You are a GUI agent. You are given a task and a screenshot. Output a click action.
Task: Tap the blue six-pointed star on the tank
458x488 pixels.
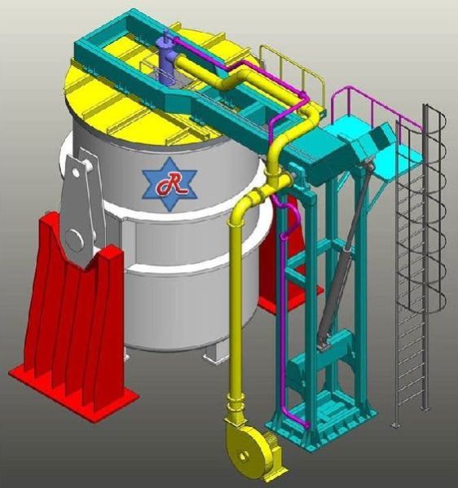coord(170,184)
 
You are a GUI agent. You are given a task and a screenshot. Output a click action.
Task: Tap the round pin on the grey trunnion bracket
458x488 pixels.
coord(74,239)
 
